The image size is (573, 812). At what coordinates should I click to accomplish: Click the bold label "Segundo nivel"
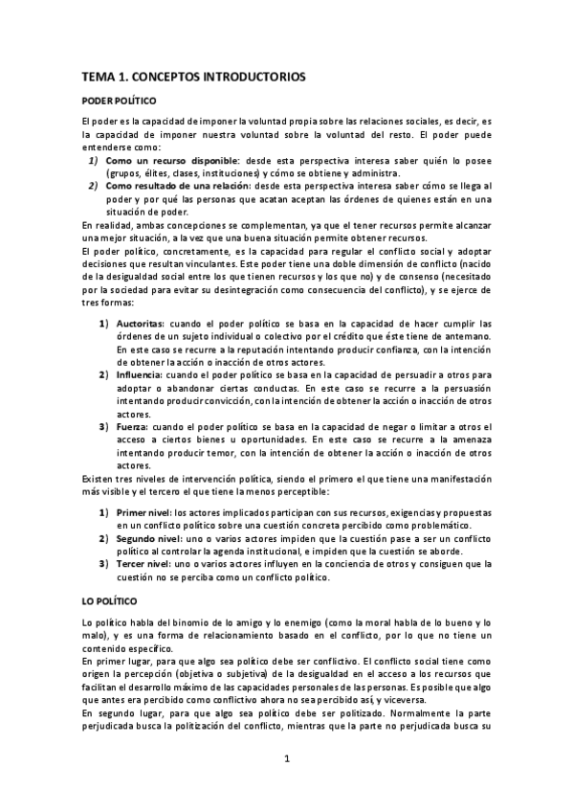click(148, 538)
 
